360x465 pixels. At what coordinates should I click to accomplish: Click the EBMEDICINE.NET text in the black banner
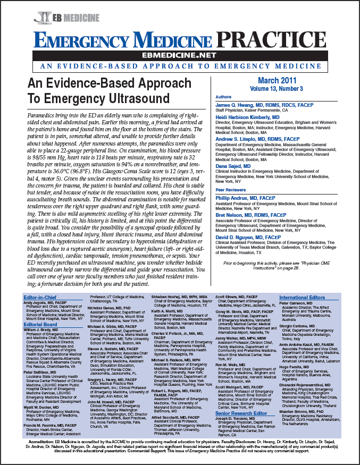180,54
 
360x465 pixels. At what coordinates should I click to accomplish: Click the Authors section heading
224,97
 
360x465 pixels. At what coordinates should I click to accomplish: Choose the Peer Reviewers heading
231,189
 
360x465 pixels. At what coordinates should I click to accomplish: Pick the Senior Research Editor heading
243,413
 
